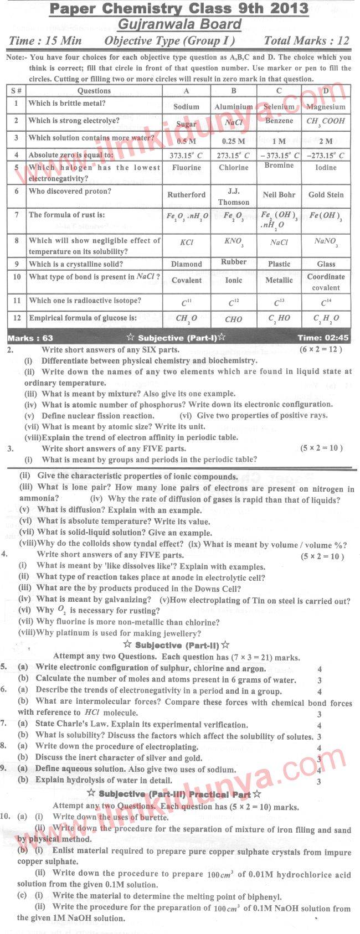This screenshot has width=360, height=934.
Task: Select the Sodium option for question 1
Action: click(x=186, y=107)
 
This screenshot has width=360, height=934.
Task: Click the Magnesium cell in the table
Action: click(x=326, y=107)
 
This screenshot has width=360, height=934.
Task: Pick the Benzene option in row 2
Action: click(x=279, y=121)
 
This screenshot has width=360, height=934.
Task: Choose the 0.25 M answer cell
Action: click(x=233, y=141)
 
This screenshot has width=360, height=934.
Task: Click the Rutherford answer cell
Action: click(x=186, y=195)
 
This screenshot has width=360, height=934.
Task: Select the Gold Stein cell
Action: click(x=326, y=195)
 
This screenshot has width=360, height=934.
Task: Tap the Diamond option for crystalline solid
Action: click(x=186, y=264)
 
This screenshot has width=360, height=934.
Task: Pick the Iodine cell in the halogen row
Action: click(x=326, y=168)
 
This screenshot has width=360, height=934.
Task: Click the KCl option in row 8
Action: click(x=186, y=242)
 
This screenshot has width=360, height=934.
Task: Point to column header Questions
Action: click(x=94, y=91)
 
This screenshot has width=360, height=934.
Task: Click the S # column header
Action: click(x=16, y=91)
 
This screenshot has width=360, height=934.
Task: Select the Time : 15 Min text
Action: click(x=45, y=40)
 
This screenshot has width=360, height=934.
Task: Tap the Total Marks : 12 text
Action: click(x=306, y=40)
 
